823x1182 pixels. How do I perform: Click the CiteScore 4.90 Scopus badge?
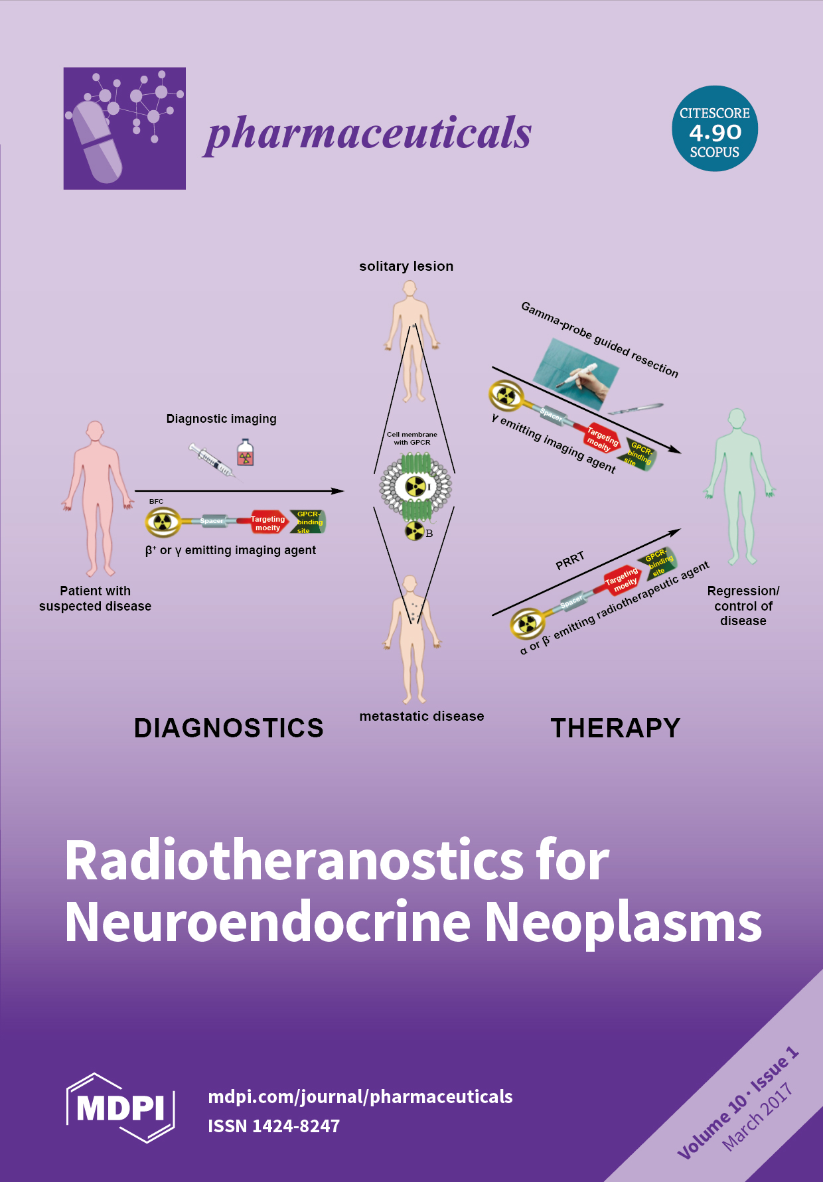tap(714, 129)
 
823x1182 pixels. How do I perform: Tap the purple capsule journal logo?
tap(124, 128)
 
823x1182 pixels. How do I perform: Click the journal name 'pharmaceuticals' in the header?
tap(369, 133)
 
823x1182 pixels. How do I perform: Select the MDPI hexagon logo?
tap(120, 1107)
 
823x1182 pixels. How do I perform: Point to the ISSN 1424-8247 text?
tap(273, 1126)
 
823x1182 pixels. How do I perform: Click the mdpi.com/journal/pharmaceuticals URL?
tap(360, 1096)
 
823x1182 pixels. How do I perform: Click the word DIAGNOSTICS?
tap(228, 728)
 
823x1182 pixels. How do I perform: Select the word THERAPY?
tap(615, 728)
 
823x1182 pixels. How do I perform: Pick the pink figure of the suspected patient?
tap(97, 498)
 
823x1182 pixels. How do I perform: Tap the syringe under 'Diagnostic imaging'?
tap(211, 460)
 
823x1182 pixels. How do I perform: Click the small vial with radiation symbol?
tap(246, 453)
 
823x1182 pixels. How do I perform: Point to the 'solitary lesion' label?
tap(406, 266)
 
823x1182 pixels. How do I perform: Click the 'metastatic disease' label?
tap(421, 716)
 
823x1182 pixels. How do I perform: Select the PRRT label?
tap(569, 561)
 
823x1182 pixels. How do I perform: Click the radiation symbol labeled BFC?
tap(163, 522)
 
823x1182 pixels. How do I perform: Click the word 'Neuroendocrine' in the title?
tap(269, 923)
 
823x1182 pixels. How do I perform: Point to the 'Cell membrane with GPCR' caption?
tap(412, 438)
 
